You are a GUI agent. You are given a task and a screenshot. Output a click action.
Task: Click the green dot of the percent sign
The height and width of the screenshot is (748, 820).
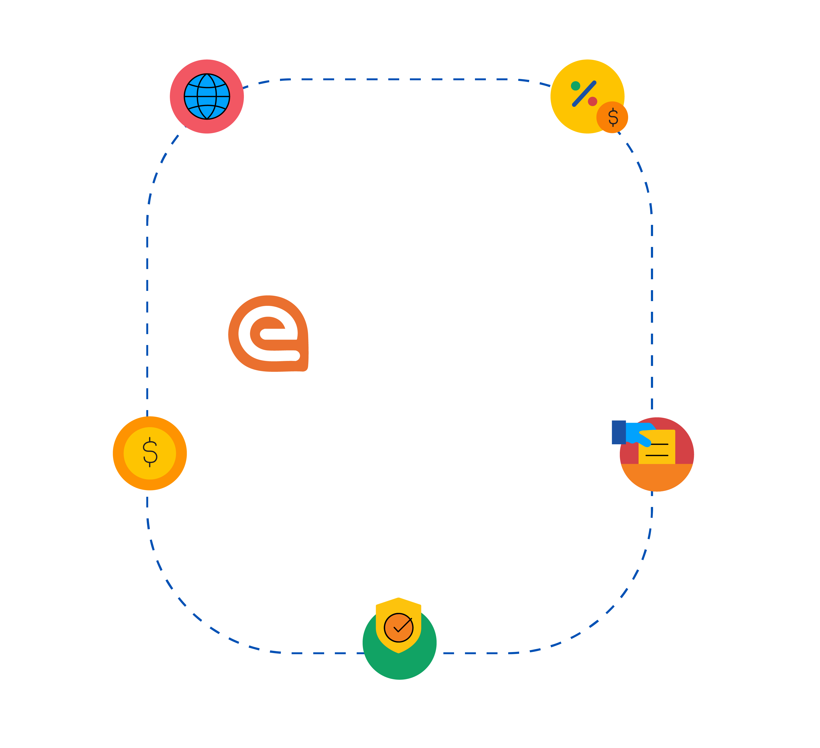(575, 86)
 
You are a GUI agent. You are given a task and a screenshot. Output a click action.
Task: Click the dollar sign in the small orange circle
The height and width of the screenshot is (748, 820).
(612, 117)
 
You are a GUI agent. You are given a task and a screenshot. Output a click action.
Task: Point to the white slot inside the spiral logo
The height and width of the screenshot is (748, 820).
(281, 334)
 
